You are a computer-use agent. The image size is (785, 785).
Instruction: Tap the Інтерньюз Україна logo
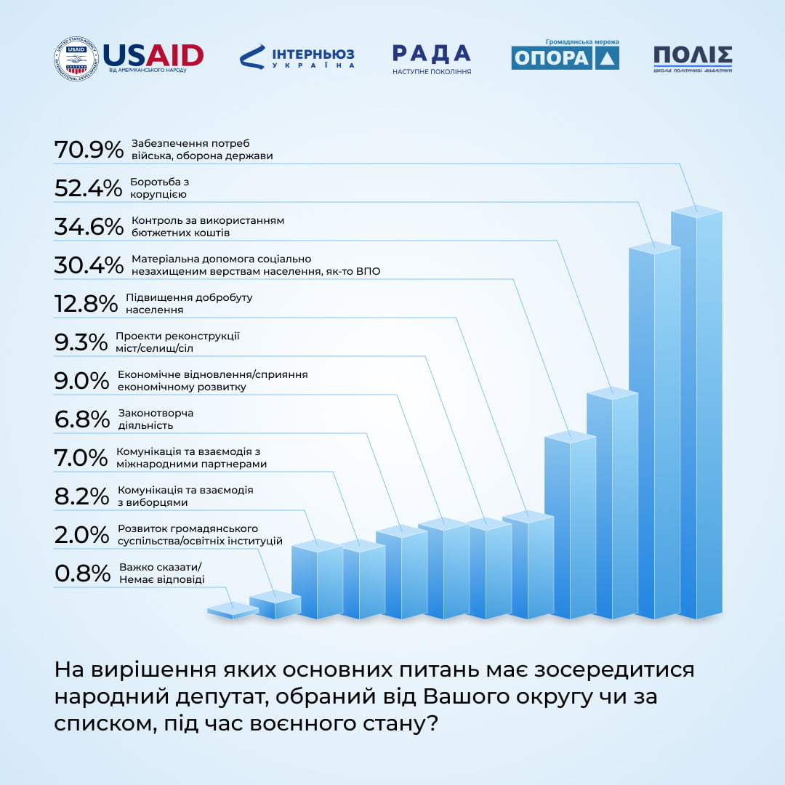[297, 57]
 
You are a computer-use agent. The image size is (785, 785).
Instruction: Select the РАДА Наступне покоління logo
[431, 59]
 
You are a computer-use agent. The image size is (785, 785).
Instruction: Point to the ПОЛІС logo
[692, 58]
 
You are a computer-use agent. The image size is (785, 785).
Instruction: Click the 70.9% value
[89, 150]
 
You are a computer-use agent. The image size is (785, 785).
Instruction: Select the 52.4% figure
[89, 188]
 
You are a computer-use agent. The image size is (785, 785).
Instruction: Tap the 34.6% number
[89, 227]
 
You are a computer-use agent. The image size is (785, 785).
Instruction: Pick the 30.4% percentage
[89, 265]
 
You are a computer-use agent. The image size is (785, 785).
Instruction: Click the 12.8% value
[86, 304]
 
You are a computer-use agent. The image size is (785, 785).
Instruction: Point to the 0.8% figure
[82, 573]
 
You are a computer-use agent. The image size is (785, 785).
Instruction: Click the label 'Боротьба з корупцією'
[159, 188]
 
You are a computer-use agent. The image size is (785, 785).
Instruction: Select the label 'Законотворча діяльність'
[156, 419]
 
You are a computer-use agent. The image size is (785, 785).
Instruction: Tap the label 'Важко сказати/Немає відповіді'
[161, 573]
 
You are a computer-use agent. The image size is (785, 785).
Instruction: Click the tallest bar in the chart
[696, 414]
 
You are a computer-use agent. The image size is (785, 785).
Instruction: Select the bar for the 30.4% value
[570, 523]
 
